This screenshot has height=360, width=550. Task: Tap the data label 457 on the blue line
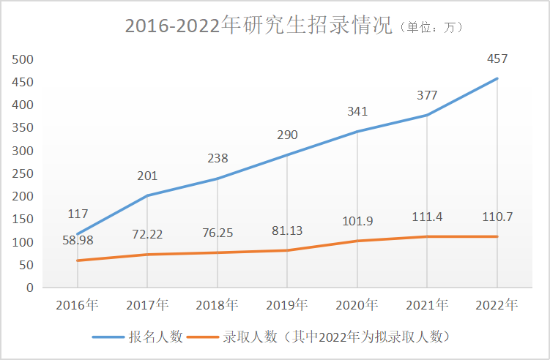coord(497,59)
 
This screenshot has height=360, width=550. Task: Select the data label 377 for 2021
coord(427,95)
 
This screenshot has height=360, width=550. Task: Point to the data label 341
coord(357,112)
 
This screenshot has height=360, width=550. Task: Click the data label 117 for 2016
coord(78,214)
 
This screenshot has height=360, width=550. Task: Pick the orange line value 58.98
coord(78,239)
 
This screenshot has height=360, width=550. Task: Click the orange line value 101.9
coord(357,220)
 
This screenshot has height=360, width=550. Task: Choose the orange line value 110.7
coord(497,217)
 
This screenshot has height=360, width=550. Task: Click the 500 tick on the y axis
coord(24,59)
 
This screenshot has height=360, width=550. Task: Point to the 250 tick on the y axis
coord(24,173)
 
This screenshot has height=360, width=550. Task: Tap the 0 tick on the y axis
coord(31,288)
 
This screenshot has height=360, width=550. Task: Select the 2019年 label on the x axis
coord(287,304)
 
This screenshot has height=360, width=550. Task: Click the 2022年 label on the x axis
coord(497,304)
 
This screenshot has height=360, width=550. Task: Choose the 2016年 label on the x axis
coord(78,304)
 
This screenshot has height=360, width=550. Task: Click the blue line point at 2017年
coord(147,195)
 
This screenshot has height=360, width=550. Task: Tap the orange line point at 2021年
coord(427,236)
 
